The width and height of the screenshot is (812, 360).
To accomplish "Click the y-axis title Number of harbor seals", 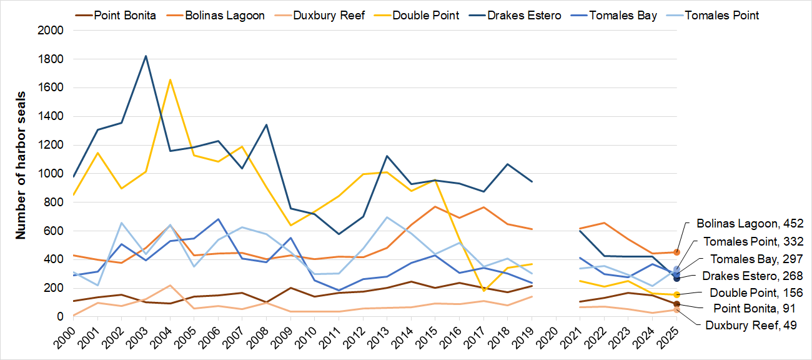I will pyautogui.click(x=21, y=173).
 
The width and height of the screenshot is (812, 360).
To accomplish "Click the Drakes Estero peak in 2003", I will pyautogui.click(x=146, y=56).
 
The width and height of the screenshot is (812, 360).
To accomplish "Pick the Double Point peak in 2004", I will pyautogui.click(x=170, y=79).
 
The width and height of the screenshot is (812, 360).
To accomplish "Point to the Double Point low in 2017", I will pyautogui.click(x=483, y=291).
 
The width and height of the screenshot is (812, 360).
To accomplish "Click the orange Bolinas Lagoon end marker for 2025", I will pyautogui.click(x=676, y=252).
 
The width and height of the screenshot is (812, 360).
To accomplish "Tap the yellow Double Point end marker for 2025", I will pyautogui.click(x=676, y=294).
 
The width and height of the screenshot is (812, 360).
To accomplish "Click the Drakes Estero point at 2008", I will pyautogui.click(x=266, y=125).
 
